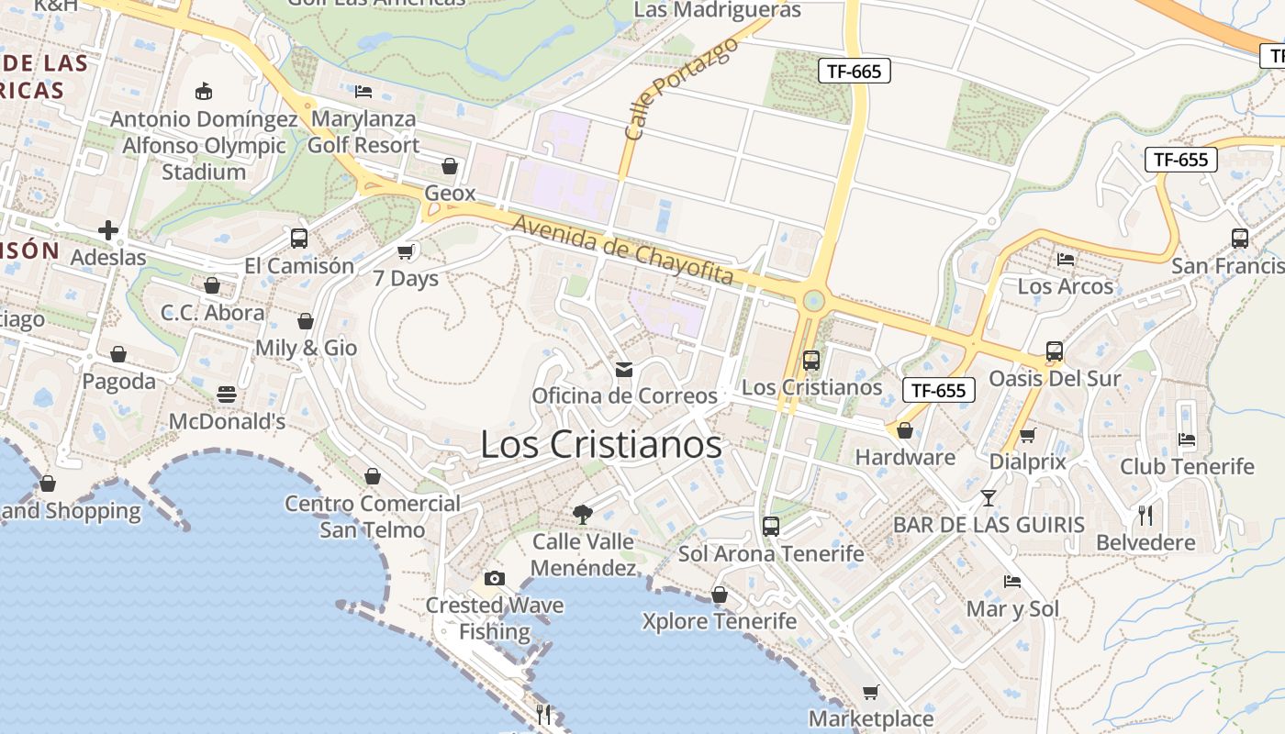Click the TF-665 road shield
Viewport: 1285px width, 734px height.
855,71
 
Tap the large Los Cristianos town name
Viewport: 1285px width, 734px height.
601,445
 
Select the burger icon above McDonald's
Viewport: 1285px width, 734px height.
227,395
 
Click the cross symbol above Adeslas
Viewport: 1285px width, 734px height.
108,230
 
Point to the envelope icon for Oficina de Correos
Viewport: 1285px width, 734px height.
624,369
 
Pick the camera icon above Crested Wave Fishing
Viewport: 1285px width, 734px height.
495,578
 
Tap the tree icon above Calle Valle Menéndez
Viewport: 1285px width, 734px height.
582,514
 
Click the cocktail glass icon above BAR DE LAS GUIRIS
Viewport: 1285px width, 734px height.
988,498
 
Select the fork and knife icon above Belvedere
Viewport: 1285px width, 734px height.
1145,515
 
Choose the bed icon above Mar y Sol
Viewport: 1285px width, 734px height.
1012,582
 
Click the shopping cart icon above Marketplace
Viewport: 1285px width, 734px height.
870,692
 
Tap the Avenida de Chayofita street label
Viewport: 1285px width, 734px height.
624,250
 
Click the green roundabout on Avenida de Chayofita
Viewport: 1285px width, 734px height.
812,301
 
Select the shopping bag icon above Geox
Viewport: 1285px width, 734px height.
450,166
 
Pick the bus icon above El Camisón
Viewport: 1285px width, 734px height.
299,239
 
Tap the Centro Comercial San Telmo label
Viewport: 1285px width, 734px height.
373,517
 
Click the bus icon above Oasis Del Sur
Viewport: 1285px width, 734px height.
1055,351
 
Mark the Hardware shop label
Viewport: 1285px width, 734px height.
905,457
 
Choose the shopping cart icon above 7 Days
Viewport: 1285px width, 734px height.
406,251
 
